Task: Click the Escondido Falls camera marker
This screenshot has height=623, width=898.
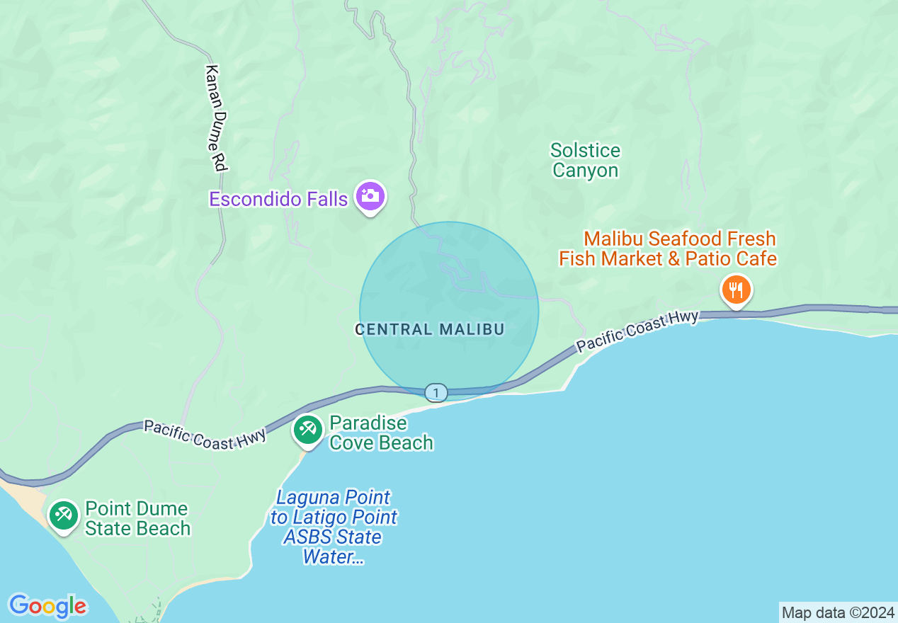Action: pyautogui.click(x=370, y=196)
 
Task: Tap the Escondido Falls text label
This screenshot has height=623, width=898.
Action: pyautogui.click(x=278, y=199)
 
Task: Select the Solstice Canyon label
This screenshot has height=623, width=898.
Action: pyautogui.click(x=585, y=161)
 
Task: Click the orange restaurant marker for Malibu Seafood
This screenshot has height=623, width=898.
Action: pyautogui.click(x=737, y=290)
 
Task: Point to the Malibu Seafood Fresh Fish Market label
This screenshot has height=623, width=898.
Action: pyautogui.click(x=668, y=248)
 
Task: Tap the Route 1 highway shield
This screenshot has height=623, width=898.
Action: pyautogui.click(x=436, y=392)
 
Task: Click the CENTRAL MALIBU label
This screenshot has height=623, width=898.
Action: pyautogui.click(x=429, y=329)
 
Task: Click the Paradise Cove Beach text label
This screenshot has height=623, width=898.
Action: pyautogui.click(x=381, y=433)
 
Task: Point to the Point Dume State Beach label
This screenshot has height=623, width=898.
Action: pyautogui.click(x=137, y=518)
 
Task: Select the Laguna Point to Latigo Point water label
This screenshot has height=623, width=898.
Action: pyautogui.click(x=334, y=527)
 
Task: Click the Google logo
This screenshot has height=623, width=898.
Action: pyautogui.click(x=47, y=606)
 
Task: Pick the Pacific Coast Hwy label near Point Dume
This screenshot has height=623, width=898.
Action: pyautogui.click(x=205, y=434)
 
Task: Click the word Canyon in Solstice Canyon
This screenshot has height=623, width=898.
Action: pyautogui.click(x=585, y=171)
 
